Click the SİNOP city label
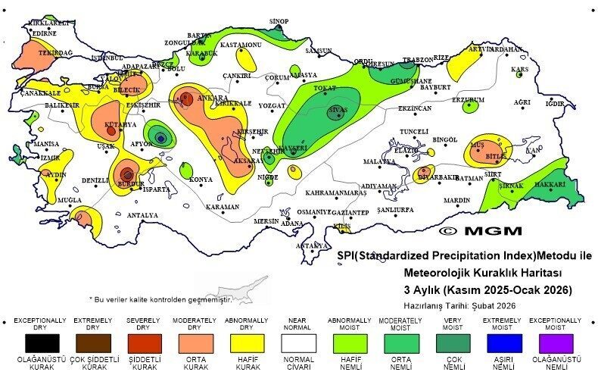[279, 21]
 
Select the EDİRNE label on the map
[45, 33]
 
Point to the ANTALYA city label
[143, 215]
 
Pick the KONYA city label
[201, 180]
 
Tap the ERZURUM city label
[468, 99]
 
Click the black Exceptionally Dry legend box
[40, 342]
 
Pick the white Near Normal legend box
[297, 342]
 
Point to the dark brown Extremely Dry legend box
[92, 342]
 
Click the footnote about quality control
[160, 299]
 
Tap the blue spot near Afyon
[160, 138]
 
